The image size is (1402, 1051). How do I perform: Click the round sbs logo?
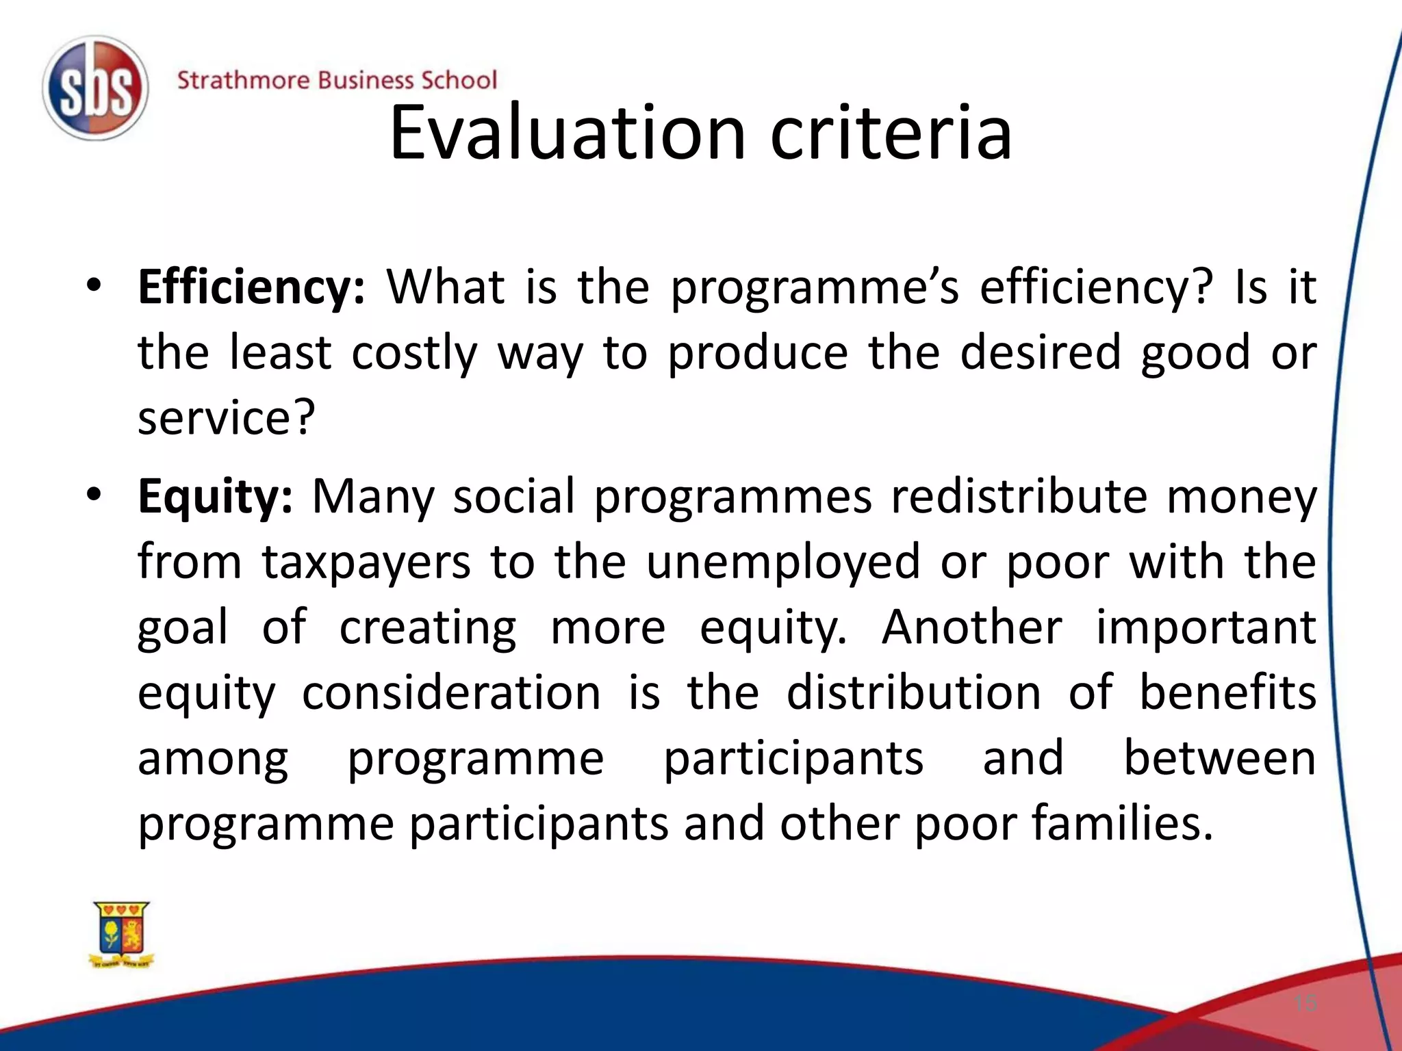[x=95, y=88]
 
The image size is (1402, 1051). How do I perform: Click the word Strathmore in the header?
[x=243, y=80]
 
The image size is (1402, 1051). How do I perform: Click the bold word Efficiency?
[x=251, y=287]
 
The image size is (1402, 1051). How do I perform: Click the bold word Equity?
[x=215, y=496]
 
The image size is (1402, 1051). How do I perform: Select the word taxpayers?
[x=366, y=562]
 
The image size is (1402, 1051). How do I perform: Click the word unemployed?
[x=782, y=562]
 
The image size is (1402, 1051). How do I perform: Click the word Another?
[x=971, y=627]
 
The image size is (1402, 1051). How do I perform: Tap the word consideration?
[x=451, y=692]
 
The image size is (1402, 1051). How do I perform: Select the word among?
[x=213, y=760]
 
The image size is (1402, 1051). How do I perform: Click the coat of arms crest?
[x=122, y=934]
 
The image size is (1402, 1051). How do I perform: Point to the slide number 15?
[x=1305, y=1004]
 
